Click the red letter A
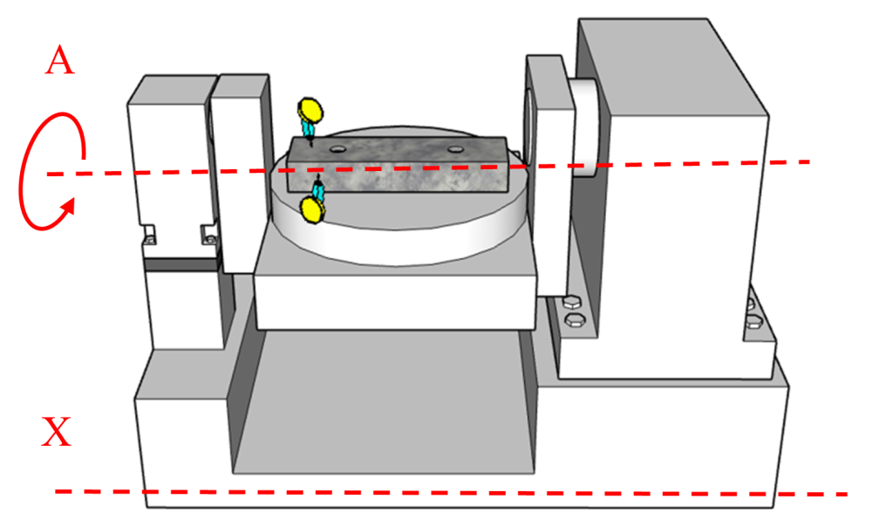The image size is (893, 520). click(58, 61)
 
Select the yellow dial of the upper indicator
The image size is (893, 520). click(310, 111)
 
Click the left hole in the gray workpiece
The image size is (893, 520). click(336, 148)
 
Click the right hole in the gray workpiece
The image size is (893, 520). click(453, 149)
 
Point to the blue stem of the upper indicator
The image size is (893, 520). click(310, 128)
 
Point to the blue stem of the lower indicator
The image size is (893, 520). click(318, 188)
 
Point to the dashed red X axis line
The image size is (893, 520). click(436, 493)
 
